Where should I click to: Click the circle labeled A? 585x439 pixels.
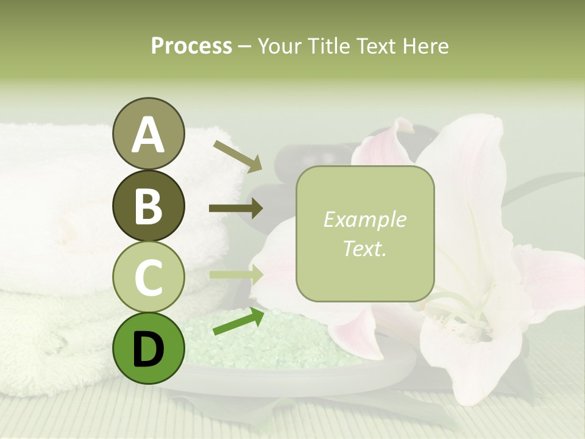tap(148, 134)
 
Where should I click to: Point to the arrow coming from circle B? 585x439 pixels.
tap(236, 209)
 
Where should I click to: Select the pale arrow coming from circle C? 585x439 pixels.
tap(236, 274)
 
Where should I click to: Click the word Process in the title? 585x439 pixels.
tap(191, 46)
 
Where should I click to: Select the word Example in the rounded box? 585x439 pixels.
tap(364, 220)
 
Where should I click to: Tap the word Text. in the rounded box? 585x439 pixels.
tap(364, 248)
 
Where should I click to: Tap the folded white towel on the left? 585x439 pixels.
tap(55, 201)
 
